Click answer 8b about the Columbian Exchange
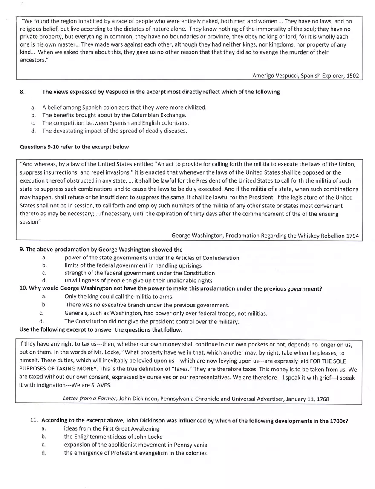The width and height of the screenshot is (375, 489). coord(114,115)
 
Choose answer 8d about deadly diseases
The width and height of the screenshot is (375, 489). coord(114,131)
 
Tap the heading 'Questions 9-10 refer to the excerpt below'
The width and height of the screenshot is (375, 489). coord(74,147)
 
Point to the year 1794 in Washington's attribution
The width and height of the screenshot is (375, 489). coord(352,236)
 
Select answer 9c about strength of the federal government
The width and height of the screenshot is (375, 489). coord(139,273)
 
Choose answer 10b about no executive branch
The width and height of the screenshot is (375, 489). coord(147,305)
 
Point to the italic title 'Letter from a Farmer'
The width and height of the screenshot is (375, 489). coord(89,399)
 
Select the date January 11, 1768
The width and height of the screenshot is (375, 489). coord(304,399)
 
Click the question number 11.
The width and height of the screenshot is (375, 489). coord(35,421)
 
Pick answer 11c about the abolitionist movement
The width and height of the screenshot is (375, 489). coord(136,445)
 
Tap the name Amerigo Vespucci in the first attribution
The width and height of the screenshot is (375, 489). coord(277,76)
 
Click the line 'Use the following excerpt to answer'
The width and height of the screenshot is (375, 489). coord(101,330)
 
